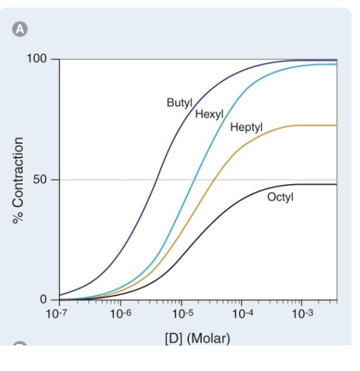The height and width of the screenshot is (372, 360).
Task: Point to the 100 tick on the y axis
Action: click(37, 59)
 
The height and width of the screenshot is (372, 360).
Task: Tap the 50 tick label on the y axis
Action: click(40, 179)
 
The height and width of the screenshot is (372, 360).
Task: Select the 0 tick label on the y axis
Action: click(43, 299)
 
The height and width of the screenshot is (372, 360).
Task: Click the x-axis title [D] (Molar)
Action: click(197, 337)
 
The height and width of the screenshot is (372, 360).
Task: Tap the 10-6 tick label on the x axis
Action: click(120, 313)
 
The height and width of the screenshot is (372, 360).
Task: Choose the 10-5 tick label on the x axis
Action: click(180, 313)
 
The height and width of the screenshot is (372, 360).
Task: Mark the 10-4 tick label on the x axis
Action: click(241, 313)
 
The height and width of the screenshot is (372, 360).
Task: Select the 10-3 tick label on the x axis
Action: click(302, 313)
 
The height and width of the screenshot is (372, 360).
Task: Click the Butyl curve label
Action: click(179, 102)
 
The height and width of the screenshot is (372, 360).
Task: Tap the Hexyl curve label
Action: click(208, 115)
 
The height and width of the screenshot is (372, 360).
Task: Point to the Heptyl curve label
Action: click(246, 127)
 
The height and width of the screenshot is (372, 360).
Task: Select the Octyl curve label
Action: click(280, 197)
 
